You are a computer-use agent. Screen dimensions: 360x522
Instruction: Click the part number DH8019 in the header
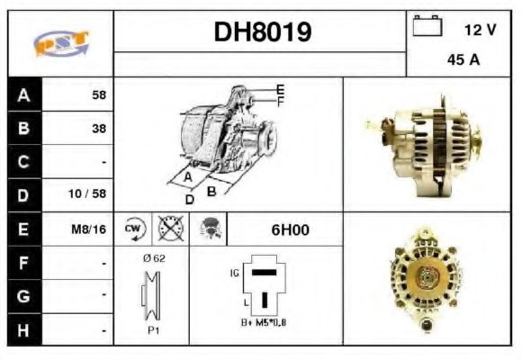[262, 32]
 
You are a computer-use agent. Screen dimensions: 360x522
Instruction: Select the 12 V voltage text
[479, 30]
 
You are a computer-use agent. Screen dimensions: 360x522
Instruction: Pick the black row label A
[23, 94]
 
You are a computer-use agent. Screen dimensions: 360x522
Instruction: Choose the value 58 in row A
[98, 94]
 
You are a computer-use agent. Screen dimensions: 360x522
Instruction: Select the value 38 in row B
[98, 128]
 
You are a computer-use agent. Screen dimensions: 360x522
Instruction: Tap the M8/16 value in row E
[89, 229]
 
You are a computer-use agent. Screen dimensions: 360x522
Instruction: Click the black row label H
[23, 330]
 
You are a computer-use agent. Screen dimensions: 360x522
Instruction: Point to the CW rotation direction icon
[133, 229]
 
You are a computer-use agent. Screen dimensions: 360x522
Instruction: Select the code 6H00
[290, 229]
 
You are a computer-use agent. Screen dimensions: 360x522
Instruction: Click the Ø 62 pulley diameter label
[153, 258]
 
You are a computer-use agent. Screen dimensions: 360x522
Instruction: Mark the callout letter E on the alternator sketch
[280, 88]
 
